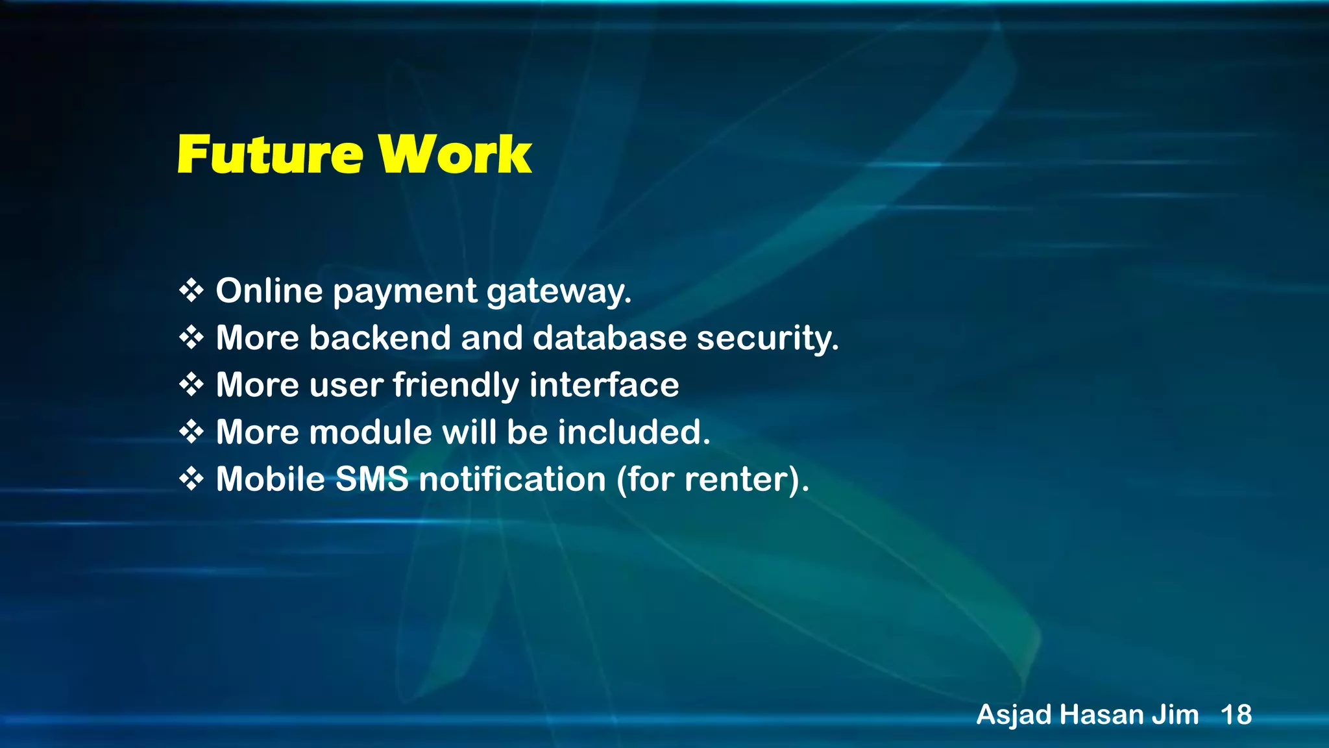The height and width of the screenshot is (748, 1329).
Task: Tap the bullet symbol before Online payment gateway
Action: [x=191, y=290]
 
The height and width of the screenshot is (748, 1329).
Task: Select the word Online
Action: [x=269, y=290]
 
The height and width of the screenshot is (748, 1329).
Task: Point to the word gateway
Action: [x=559, y=292]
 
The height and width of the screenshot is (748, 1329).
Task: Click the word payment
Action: [x=405, y=292]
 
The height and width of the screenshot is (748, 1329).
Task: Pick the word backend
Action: [x=380, y=338]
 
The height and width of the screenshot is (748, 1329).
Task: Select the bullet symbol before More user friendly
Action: [x=191, y=384]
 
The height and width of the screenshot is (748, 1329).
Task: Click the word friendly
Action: [x=456, y=385]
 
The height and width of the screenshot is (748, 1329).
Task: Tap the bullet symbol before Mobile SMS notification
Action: [x=191, y=479]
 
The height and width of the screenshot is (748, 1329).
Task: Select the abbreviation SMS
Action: [x=372, y=479]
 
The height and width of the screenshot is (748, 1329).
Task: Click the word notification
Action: [x=512, y=479]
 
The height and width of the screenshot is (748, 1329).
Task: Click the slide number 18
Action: [x=1236, y=715]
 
